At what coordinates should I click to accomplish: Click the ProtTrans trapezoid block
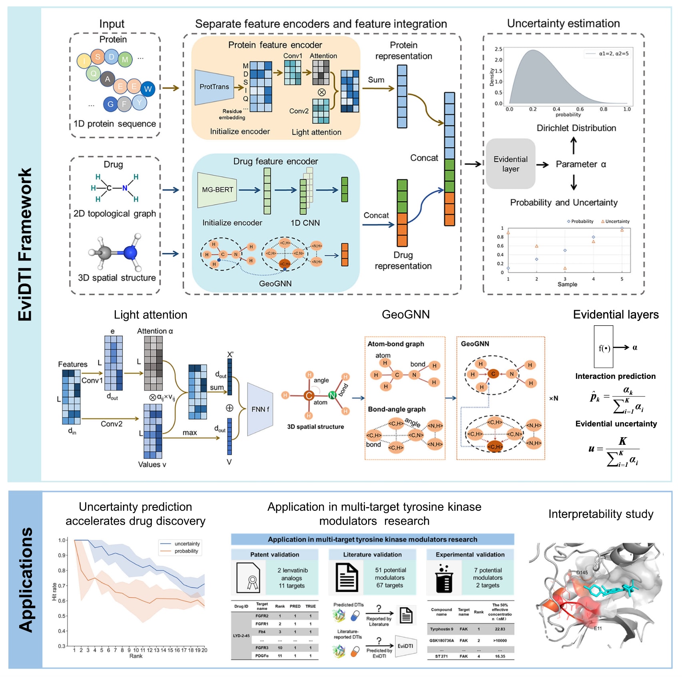pos(214,87)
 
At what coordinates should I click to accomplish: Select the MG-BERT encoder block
pos(217,190)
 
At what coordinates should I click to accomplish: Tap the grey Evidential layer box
pos(511,164)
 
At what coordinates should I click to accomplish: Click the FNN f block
pos(260,409)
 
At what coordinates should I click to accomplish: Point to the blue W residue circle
pos(148,89)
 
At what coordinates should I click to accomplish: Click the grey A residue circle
pos(107,79)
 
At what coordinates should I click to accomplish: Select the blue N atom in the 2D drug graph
pos(125,188)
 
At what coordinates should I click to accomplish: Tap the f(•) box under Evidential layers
pos(603,347)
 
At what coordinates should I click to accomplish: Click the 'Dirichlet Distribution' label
pos(576,128)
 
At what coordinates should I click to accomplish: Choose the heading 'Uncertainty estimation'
pos(563,23)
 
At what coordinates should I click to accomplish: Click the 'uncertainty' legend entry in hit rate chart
pos(187,544)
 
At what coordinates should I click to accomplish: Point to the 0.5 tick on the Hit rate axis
pos(62,616)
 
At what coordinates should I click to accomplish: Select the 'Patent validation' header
pos(274,554)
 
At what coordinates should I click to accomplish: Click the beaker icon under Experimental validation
pos(443,578)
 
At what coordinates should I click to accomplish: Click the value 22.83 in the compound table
pos(500,629)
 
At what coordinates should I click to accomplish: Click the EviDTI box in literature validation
pos(405,646)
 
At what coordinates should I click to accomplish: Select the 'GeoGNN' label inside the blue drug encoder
pos(275,283)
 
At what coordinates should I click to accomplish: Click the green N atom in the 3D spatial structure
pos(332,395)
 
